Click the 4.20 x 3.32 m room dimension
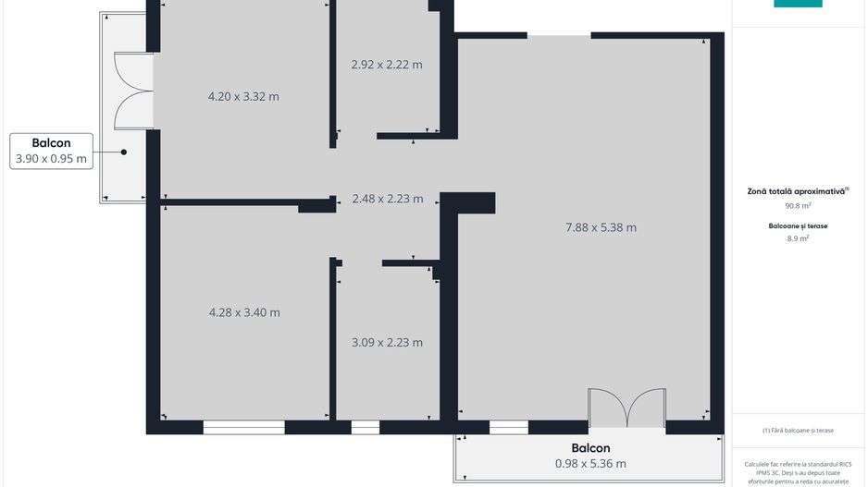(242, 96)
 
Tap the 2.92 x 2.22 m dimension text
(387, 65)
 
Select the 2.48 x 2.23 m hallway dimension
(388, 199)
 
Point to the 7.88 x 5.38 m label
(601, 227)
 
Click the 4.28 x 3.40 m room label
(244, 312)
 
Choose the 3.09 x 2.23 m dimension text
(387, 343)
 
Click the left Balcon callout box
(51, 151)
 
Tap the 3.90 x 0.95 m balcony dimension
(51, 159)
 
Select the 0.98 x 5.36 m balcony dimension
(589, 464)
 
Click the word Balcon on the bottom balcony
(589, 449)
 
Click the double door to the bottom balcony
(627, 408)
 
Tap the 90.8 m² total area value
(798, 206)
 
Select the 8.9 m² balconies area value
(798, 238)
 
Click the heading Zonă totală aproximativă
(797, 191)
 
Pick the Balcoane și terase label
(798, 225)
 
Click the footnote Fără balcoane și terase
(798, 431)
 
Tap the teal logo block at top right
(798, 4)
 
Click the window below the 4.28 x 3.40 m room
(244, 428)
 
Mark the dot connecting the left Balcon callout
(123, 152)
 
